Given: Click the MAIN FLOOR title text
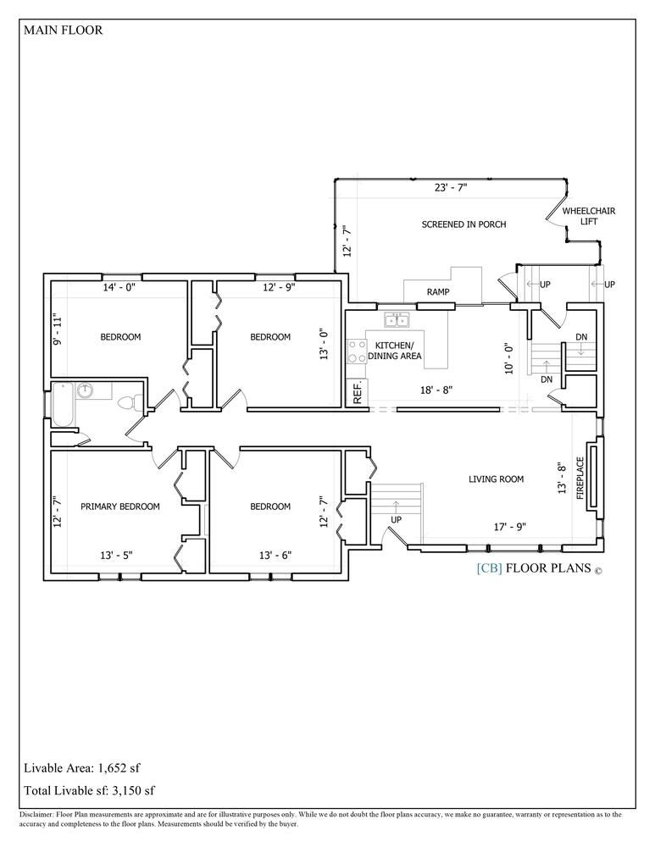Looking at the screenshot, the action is click(x=63, y=30).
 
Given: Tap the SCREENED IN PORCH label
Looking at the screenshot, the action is click(x=463, y=224).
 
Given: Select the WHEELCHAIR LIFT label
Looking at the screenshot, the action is click(x=589, y=215).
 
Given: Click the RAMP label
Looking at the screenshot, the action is click(x=438, y=291).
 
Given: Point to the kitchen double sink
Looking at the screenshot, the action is click(x=397, y=320).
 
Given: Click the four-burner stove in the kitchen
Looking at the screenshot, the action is click(x=356, y=352).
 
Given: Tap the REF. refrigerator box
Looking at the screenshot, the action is click(x=357, y=393).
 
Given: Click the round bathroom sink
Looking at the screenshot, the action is click(x=85, y=390).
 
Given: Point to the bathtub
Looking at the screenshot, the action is click(x=63, y=405).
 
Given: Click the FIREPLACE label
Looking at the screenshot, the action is click(x=580, y=478).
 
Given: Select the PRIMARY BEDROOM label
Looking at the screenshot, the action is click(x=120, y=507).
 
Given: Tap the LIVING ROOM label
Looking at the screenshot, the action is click(x=496, y=479).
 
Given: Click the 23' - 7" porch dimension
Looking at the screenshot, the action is click(x=451, y=188).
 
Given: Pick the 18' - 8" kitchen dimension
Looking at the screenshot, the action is click(x=436, y=390).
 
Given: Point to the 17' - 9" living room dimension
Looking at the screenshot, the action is click(x=509, y=526).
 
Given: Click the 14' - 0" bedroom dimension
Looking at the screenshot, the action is click(x=119, y=287).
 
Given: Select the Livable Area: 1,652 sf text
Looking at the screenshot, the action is click(x=82, y=767).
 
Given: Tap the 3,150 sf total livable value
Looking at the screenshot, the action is click(x=133, y=791).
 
